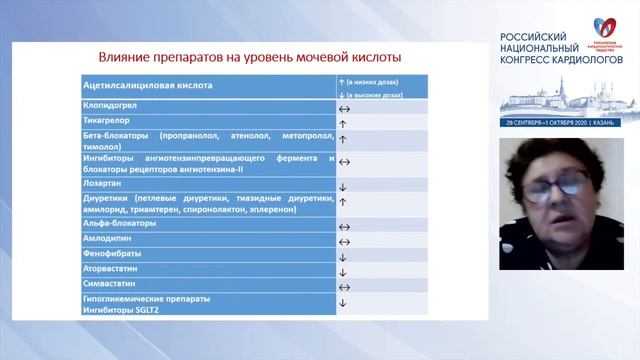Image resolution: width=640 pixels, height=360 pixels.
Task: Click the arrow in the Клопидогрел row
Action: [x=343, y=105]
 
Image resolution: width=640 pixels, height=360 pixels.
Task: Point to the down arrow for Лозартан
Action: [x=342, y=185]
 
